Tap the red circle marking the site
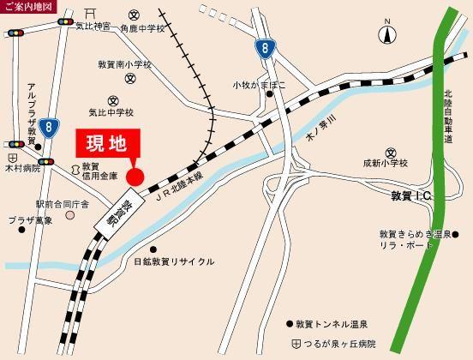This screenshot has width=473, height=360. (x=135, y=177)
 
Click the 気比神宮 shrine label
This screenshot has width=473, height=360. (x=96, y=27)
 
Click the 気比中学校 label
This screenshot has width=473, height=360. (x=111, y=112)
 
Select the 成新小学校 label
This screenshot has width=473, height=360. (x=386, y=161)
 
